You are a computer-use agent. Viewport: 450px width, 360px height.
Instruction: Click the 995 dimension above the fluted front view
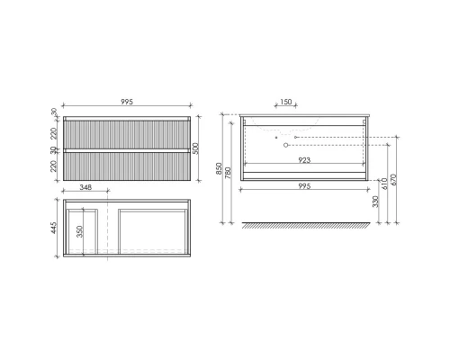point(126,103)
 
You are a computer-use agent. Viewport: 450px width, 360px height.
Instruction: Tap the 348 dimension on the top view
point(86,187)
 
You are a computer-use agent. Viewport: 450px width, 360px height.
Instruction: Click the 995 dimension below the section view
point(303,187)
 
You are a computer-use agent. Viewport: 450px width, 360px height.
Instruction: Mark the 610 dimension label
point(387,183)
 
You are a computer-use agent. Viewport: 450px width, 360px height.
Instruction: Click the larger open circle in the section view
point(287,144)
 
